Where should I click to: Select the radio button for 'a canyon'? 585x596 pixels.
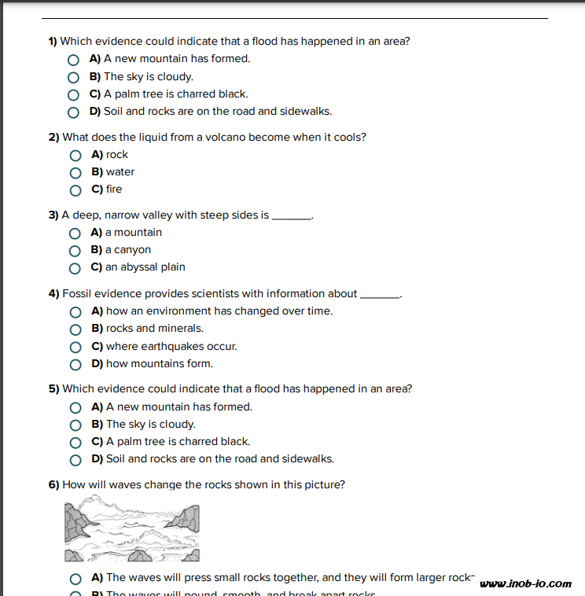click(x=75, y=250)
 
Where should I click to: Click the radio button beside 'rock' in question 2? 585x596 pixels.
click(x=75, y=155)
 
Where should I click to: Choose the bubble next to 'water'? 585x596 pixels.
click(x=75, y=172)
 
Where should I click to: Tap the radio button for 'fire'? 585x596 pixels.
click(x=75, y=189)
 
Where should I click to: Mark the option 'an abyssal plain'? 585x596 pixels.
click(x=75, y=267)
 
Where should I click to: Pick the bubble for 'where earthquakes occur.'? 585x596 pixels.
click(x=75, y=347)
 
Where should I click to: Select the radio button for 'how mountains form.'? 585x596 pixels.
click(x=75, y=364)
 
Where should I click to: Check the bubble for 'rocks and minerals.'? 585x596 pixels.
click(x=75, y=329)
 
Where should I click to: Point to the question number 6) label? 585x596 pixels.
click(x=53, y=485)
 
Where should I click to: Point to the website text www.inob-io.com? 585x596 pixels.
click(x=525, y=583)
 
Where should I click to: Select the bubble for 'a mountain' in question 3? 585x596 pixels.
click(x=75, y=233)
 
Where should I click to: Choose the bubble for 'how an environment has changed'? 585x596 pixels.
click(x=75, y=312)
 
